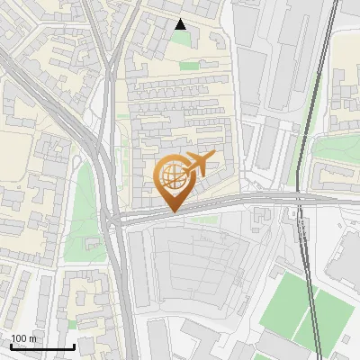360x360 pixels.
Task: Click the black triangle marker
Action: coord(181,24)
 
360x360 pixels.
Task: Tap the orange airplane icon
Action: coord(199,163)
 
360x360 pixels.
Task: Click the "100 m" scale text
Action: coord(23,338)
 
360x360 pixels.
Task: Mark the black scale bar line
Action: coord(42,347)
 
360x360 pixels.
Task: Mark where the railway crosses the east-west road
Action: coord(300,198)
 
